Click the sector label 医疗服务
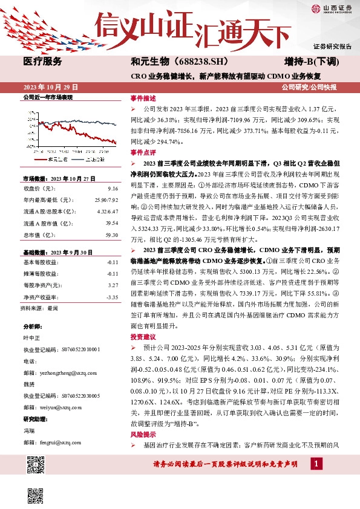pos(42,62)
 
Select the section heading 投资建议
pos(143,337)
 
